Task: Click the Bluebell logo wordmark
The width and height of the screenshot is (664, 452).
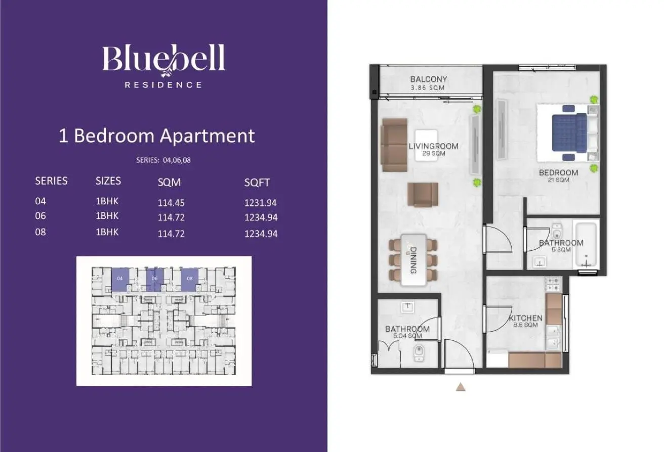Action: coord(163,59)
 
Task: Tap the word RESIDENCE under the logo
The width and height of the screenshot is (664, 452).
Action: coord(163,85)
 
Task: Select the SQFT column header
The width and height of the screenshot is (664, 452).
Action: coord(257,183)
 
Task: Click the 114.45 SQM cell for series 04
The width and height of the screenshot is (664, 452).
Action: coord(171,203)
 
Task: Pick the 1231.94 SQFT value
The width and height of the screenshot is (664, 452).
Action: coord(261,203)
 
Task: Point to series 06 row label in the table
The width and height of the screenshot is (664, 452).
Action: coord(40,216)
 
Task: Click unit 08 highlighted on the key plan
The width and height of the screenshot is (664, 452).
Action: coord(189,280)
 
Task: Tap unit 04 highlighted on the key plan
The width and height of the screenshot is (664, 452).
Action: coord(120,280)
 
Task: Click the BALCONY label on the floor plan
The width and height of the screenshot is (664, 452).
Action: coord(428,79)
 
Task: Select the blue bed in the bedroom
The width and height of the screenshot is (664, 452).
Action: coord(569,133)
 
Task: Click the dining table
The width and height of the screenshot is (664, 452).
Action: coord(413,260)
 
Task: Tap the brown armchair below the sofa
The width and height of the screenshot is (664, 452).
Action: coord(423,194)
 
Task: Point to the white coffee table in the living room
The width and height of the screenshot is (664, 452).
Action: coord(426,145)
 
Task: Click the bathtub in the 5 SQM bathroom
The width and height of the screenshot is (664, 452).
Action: coord(586,245)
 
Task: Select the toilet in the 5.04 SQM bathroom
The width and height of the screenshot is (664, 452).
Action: coord(419,353)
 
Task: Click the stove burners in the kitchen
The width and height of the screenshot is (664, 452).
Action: coord(553,284)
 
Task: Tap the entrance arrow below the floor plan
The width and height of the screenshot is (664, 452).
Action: coord(461,387)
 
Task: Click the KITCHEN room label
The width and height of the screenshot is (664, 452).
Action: coord(525,319)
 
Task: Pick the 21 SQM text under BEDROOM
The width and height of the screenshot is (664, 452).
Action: coord(558,180)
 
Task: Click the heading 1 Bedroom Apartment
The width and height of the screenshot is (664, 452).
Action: coord(157,136)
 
